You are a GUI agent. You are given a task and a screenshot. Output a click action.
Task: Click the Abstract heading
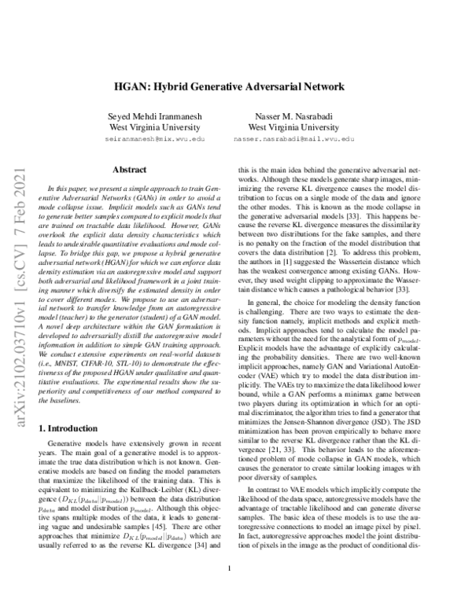click(128, 169)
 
